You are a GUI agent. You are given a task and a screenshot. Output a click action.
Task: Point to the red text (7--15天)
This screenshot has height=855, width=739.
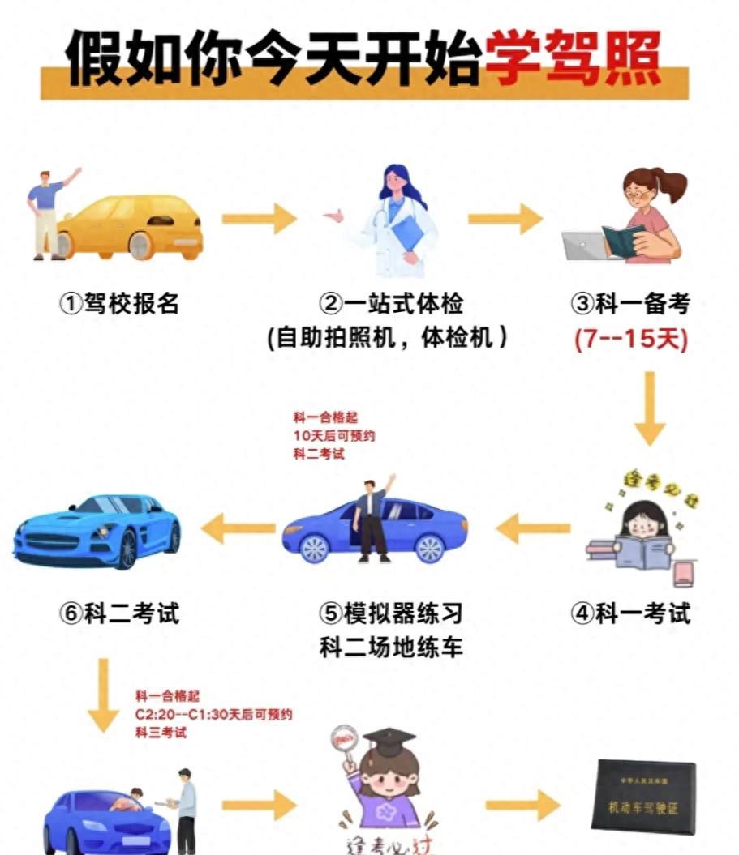pos(631,339)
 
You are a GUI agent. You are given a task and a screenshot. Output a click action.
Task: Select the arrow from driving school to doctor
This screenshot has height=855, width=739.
pos(259,219)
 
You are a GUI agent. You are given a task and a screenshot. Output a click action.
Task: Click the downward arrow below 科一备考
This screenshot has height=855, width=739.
pos(649,409)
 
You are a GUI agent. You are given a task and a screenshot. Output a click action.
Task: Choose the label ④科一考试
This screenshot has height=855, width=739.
pos(631,613)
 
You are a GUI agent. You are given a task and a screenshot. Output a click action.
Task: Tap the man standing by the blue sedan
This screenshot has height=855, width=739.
pos(374,519)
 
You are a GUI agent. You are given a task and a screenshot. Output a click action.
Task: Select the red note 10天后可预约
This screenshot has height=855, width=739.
pos(334,436)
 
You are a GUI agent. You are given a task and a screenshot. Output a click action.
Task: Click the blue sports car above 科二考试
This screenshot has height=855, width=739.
pos(97,531)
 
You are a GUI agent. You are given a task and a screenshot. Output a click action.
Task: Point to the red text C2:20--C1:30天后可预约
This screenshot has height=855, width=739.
pos(213,715)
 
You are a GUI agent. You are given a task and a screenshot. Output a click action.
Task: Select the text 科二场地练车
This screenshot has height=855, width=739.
pos(391,648)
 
